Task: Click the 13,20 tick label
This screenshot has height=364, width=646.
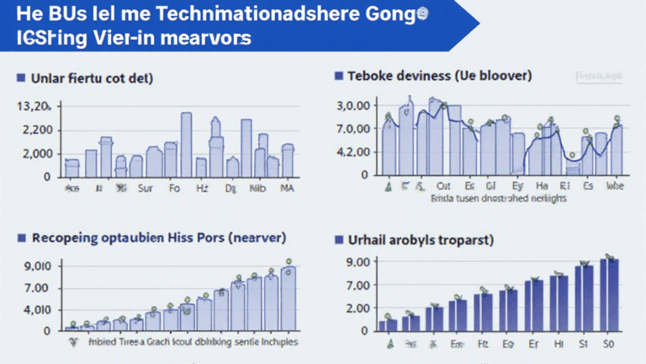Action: (x=34, y=107)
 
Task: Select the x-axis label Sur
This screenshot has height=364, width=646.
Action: (x=146, y=190)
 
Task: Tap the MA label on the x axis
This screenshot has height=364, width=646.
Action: (x=287, y=190)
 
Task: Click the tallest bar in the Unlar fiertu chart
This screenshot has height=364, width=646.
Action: (x=186, y=144)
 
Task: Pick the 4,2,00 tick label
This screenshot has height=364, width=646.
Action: (x=353, y=153)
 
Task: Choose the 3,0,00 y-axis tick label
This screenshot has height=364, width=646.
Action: (x=353, y=106)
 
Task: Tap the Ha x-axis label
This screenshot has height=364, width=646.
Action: (x=543, y=187)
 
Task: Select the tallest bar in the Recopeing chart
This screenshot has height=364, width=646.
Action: (x=289, y=298)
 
